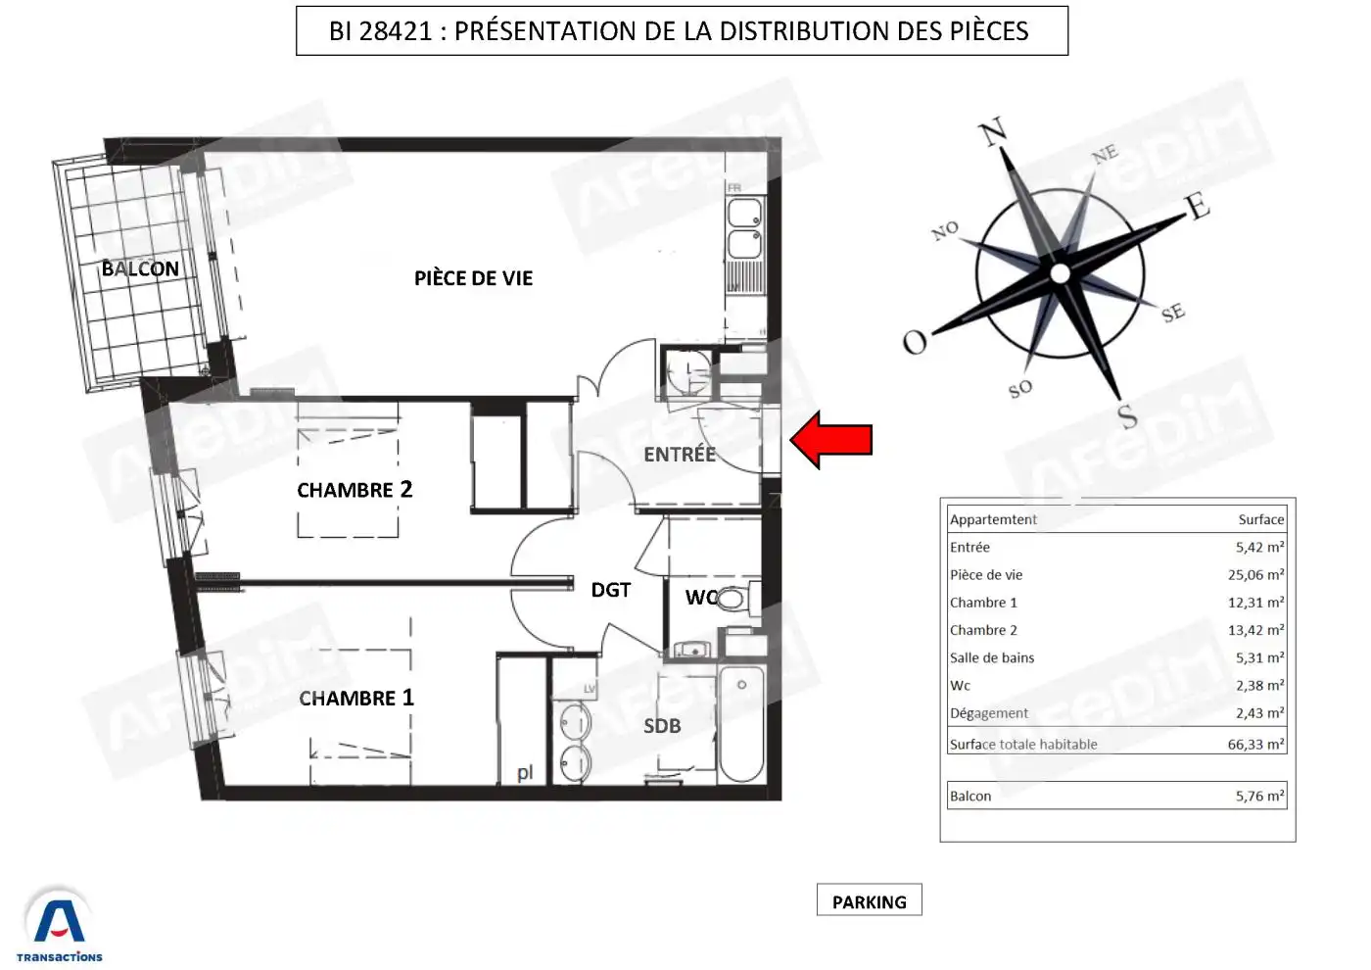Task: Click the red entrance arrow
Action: (831, 440)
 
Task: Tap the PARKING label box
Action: (870, 899)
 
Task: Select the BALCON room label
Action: (140, 268)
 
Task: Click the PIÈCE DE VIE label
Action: (473, 278)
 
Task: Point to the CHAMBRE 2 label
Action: (355, 489)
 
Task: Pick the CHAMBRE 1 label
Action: (356, 698)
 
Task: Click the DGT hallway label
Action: (611, 590)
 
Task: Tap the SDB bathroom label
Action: (662, 726)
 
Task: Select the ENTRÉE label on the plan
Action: (680, 454)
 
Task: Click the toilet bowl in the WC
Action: (732, 599)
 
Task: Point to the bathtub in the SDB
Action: (742, 724)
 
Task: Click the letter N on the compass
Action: (993, 131)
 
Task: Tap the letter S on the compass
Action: (1127, 417)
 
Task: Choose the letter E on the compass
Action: (1198, 206)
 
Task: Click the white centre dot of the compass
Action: (1060, 273)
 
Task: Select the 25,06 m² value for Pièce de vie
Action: (1255, 574)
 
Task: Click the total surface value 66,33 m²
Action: (1255, 744)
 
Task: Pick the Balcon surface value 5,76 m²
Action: (1259, 796)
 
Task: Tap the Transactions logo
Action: (60, 926)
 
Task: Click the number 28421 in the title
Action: (396, 31)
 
